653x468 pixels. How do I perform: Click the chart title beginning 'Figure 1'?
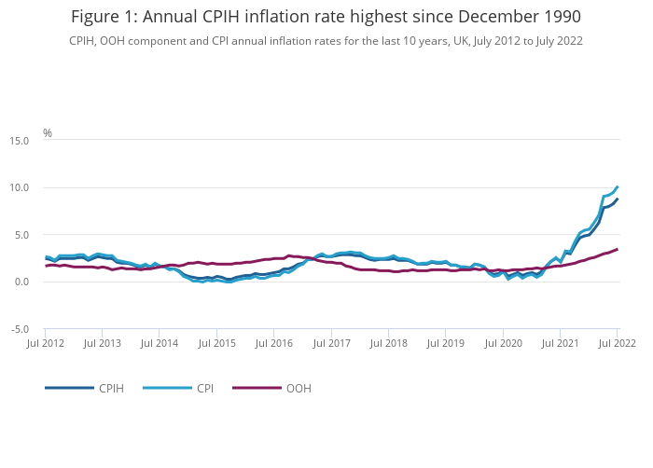[x=326, y=17]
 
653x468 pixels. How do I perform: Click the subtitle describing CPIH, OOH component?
[x=326, y=41]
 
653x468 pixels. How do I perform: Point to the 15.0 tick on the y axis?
[x=19, y=141]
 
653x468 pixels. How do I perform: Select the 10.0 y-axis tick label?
[x=19, y=188]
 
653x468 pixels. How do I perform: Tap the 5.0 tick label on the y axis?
[x=21, y=235]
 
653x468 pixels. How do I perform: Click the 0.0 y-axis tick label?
[x=21, y=282]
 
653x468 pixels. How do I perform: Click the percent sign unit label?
[x=48, y=133]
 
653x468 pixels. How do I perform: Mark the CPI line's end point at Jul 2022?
[x=618, y=186]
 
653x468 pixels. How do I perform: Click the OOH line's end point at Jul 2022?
[x=618, y=249]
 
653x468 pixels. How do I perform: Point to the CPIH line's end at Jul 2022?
[x=618, y=199]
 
